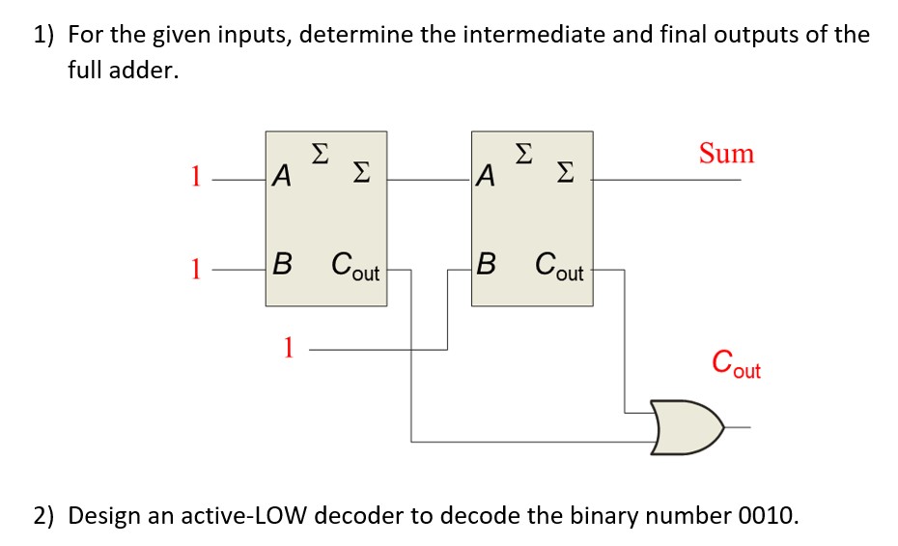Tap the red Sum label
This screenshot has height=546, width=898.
pos(726,154)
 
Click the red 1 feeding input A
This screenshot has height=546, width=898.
pos(195,178)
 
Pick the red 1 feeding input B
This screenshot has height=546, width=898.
pos(195,270)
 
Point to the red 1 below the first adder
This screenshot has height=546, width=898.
pos(287,347)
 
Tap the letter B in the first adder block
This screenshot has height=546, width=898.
pos(281,264)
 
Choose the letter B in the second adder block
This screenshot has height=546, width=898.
pos(487,264)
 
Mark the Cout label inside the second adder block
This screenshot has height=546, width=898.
pos(560,266)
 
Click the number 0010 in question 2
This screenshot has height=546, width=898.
pos(767,513)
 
